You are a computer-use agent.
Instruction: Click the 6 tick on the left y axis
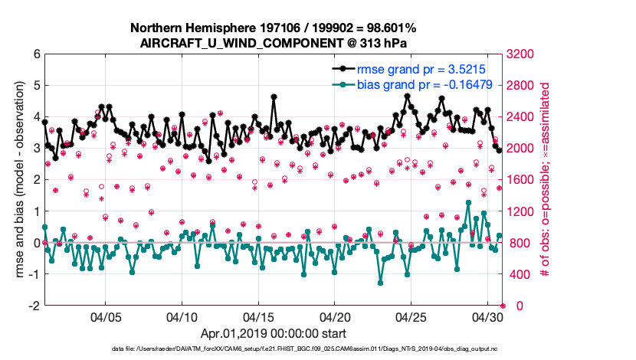(x=36, y=54)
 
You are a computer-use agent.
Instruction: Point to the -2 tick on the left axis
(x=34, y=306)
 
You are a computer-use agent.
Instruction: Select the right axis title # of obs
(x=546, y=180)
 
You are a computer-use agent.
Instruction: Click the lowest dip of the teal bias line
(x=380, y=283)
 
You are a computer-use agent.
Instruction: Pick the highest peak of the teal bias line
(x=468, y=202)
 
